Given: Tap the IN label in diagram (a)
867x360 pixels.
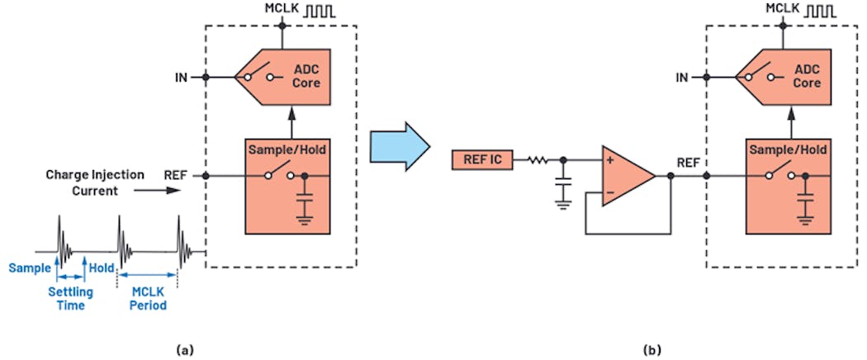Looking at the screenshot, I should pos(181,78).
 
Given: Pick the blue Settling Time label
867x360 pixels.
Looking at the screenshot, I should pos(70,299).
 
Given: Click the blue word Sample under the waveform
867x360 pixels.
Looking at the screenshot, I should pos(27,268).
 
